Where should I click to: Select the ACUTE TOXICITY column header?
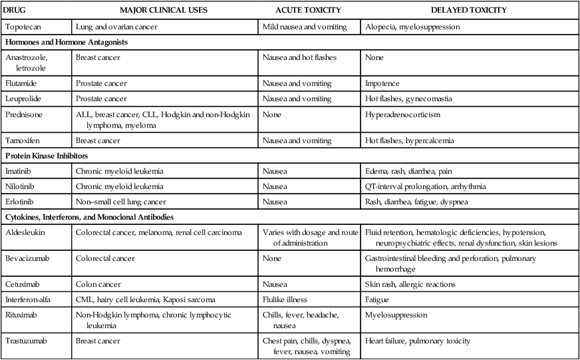click(x=308, y=11)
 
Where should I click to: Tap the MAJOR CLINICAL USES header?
click(x=164, y=11)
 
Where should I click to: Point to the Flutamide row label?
click(x=22, y=84)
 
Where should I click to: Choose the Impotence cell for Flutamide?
click(x=382, y=84)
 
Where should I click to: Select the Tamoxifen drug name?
click(x=23, y=140)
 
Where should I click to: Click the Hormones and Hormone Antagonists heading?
click(x=67, y=42)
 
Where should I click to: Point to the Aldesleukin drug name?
click(x=25, y=232)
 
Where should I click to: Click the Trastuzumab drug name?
click(x=26, y=341)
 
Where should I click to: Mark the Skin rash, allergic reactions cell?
click(x=410, y=284)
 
